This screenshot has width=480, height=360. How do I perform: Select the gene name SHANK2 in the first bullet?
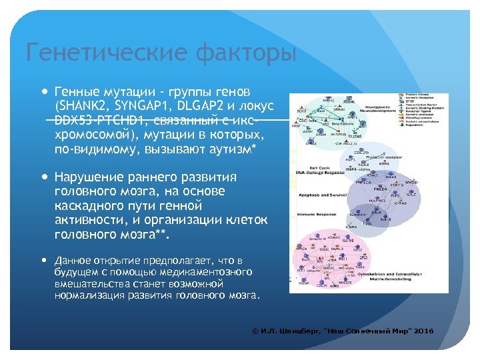click(x=82, y=106)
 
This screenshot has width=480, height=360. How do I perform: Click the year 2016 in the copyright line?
click(x=423, y=331)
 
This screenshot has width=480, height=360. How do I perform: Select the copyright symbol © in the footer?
click(x=255, y=331)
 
